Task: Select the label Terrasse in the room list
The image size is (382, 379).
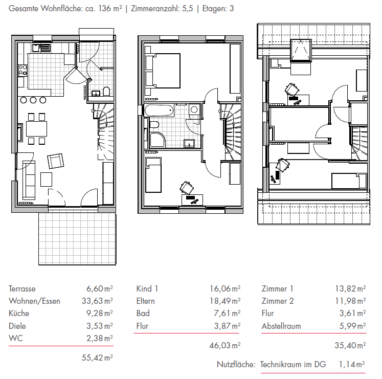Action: point(22,288)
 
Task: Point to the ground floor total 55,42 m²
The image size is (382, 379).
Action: point(97,358)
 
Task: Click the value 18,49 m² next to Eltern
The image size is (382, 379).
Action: point(225,301)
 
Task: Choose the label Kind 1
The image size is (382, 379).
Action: point(147,288)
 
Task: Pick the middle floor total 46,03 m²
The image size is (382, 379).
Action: point(225,346)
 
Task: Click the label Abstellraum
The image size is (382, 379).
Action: point(281,326)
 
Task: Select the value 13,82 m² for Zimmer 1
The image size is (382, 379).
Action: point(350,288)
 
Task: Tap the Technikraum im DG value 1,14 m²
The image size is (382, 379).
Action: point(352,365)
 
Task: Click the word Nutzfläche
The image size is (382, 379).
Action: point(236,365)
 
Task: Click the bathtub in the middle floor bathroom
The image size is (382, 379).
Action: point(160,110)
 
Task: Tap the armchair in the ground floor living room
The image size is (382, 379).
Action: point(56,161)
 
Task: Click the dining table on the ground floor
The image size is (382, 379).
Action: point(36,128)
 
